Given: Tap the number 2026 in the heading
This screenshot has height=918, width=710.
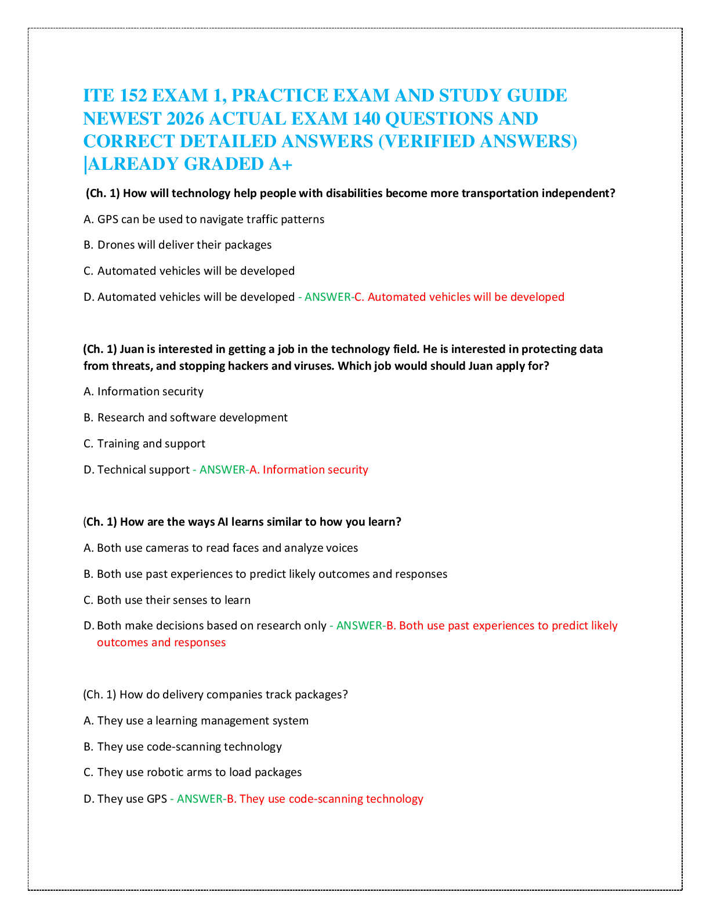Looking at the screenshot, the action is [185, 119].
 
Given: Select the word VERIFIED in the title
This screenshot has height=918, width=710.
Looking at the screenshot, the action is [429, 141].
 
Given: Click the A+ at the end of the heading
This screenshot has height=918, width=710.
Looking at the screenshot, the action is [280, 164].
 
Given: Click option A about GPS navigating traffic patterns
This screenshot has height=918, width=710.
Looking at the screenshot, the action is [204, 219].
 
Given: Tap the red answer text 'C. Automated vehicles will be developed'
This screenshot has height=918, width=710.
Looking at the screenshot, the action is [459, 297].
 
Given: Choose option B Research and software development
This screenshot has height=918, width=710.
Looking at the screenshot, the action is [186, 417].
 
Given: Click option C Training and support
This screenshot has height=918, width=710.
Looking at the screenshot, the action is [144, 443].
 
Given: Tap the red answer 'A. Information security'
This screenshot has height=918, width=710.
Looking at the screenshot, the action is [309, 469].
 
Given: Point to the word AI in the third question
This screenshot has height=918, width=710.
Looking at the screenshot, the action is [223, 522].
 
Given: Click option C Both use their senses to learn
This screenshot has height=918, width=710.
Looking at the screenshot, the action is [167, 600].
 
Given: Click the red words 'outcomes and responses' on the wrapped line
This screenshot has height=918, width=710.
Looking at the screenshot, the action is [161, 642].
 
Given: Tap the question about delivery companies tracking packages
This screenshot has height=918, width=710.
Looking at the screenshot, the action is [216, 694].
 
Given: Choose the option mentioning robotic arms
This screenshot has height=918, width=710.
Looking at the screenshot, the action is [193, 772].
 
